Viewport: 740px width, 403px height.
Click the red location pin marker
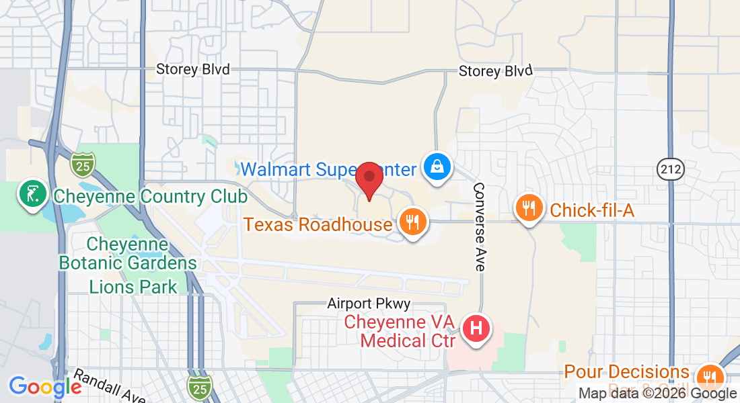click(x=369, y=179)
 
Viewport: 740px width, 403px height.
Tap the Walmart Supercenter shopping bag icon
click(x=437, y=167)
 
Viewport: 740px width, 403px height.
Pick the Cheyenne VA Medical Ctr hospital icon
click(x=476, y=329)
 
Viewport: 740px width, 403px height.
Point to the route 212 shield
click(x=671, y=169)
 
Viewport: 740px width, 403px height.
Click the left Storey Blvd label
click(x=193, y=69)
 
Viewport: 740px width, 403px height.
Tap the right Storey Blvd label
click(x=495, y=71)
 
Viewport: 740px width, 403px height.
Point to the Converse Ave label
click(x=480, y=227)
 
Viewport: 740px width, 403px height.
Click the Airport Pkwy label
click(x=369, y=304)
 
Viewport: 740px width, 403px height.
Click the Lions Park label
click(x=133, y=287)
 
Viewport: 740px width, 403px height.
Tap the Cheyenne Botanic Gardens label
click(x=128, y=253)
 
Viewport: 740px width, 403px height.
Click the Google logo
click(x=45, y=387)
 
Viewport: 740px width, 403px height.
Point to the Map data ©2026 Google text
click(x=657, y=394)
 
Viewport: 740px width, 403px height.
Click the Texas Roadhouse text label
click(x=318, y=224)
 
